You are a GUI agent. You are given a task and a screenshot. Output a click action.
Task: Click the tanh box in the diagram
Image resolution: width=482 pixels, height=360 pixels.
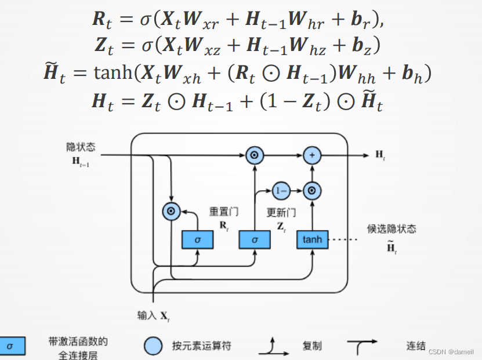(311, 239)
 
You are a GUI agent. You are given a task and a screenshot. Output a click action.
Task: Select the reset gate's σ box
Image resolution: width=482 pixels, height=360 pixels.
(197, 239)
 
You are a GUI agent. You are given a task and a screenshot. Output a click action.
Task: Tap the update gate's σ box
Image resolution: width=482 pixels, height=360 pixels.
(255, 239)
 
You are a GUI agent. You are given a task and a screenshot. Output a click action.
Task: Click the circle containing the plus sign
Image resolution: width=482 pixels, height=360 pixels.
(311, 155)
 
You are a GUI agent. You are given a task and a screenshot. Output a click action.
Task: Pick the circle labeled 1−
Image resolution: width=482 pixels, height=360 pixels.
(281, 190)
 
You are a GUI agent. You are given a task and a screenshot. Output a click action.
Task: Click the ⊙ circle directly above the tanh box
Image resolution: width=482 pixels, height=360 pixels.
(311, 190)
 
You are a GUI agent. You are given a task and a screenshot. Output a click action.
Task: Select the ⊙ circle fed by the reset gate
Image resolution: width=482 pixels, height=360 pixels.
(171, 212)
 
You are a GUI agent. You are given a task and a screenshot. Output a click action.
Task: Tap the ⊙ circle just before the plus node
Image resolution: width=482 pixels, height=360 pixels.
(254, 155)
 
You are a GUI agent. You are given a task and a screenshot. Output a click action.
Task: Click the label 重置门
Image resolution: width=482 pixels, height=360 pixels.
(223, 212)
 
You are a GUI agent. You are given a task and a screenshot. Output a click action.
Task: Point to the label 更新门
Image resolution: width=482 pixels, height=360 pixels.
(281, 213)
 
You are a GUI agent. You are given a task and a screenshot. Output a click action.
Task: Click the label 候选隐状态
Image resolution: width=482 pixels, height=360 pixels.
(392, 228)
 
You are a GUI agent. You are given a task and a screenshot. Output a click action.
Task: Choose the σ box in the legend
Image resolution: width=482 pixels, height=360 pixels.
(11, 346)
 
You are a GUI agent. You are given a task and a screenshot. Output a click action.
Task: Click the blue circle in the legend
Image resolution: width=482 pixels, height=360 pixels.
(153, 346)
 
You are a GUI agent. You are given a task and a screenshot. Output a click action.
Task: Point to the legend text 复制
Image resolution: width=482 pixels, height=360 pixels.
(311, 346)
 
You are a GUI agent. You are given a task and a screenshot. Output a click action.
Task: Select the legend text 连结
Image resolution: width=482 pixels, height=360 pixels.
(415, 346)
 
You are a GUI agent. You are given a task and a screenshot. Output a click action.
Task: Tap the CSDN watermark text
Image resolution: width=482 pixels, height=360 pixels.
(450, 352)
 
